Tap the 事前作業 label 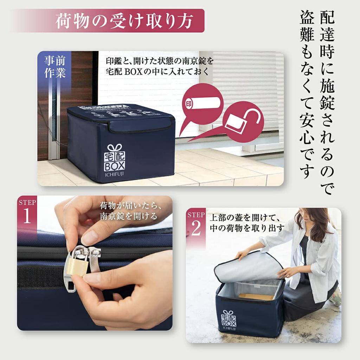[x=54, y=67]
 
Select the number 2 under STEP [x=195, y=229]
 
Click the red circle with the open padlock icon [x=243, y=122]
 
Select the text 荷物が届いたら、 [x=130, y=205]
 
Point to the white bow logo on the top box [x=114, y=147]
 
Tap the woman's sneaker [x=336, y=297]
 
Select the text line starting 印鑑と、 [x=160, y=61]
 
